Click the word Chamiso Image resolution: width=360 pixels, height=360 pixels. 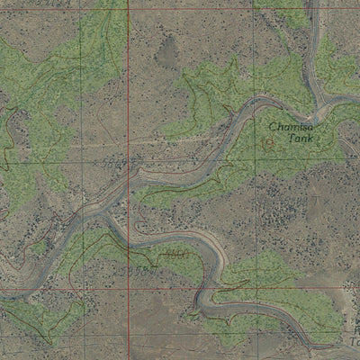pos(290,127)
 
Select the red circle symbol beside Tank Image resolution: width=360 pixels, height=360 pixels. pos(268,141)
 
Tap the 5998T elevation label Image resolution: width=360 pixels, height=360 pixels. pos(142,268)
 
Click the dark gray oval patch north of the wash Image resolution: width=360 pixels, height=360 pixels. pos(166,52)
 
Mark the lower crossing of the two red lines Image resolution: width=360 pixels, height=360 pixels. pos(129,289)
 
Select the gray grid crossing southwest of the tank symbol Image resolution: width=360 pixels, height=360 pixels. pos(252,168)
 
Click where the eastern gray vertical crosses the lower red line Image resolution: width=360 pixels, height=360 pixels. pos(254,290)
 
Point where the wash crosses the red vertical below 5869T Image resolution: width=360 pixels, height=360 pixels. pos(128,174)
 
